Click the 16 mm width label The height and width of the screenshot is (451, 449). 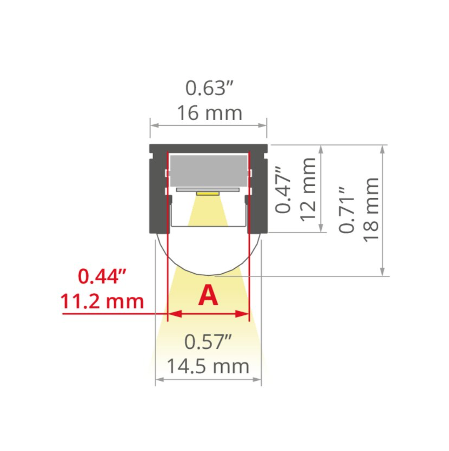[209, 113]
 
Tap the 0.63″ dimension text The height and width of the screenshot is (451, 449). [209, 88]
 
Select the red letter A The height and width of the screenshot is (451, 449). [208, 296]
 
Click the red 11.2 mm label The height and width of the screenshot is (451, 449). [102, 301]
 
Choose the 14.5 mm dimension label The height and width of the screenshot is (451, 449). [208, 366]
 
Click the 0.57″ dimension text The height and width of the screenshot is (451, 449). [208, 342]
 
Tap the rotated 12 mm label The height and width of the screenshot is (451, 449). [308, 189]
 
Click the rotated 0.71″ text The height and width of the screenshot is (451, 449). [347, 210]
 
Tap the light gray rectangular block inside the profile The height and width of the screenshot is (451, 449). [209, 170]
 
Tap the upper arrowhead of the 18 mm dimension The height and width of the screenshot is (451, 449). [382, 148]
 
